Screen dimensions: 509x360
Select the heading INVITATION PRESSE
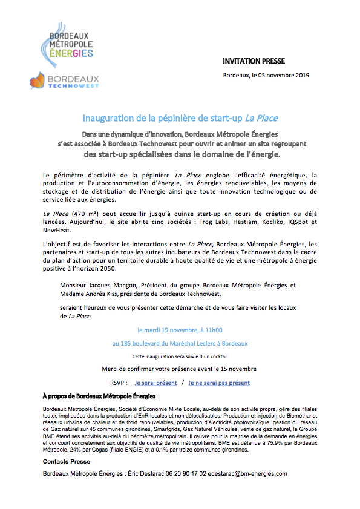coord(253,61)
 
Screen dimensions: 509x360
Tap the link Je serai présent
coord(155,383)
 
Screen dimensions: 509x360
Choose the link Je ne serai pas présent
coord(219,383)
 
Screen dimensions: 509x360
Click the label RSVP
coord(118,383)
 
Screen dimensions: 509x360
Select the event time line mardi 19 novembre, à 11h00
coord(180,330)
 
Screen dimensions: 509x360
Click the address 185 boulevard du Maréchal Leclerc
coord(180,343)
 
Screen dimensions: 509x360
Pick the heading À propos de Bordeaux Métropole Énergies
coord(99,396)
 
